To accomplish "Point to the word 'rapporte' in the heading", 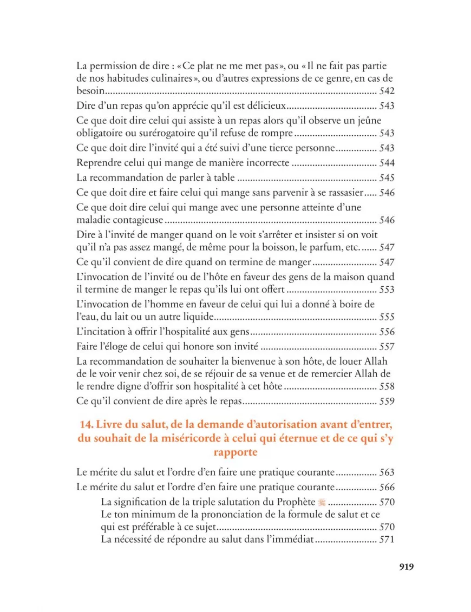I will coord(235,452).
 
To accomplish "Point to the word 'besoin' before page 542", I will coord(90,91).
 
